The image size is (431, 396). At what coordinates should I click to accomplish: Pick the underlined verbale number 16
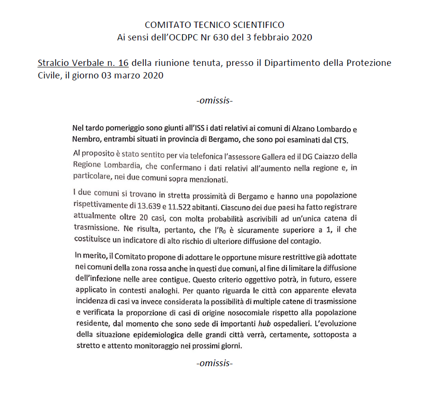[x=123, y=63]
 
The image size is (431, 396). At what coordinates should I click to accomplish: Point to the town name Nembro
[x=87, y=140]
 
